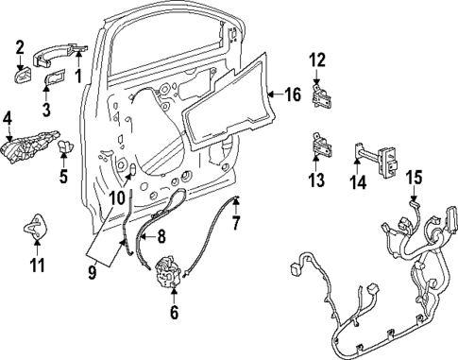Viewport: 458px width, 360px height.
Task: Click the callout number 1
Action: pyautogui.click(x=79, y=75)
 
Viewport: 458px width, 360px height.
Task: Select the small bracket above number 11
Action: pyautogui.click(x=36, y=227)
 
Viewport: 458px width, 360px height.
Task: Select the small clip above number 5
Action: pyautogui.click(x=68, y=147)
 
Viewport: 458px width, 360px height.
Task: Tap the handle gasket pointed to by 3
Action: pyautogui.click(x=56, y=77)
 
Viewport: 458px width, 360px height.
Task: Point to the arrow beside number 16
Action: pyautogui.click(x=273, y=94)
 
